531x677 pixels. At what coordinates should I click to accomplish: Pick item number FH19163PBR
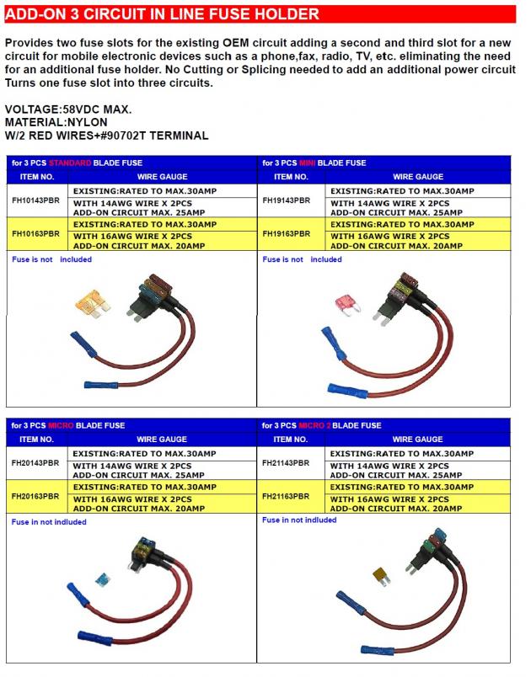[x=287, y=233]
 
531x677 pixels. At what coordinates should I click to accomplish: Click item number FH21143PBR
[x=287, y=463]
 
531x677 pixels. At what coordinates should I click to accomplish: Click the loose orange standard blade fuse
[x=89, y=302]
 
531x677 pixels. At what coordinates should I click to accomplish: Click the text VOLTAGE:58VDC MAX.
[x=68, y=110]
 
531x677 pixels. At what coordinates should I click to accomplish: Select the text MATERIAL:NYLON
[x=56, y=122]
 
